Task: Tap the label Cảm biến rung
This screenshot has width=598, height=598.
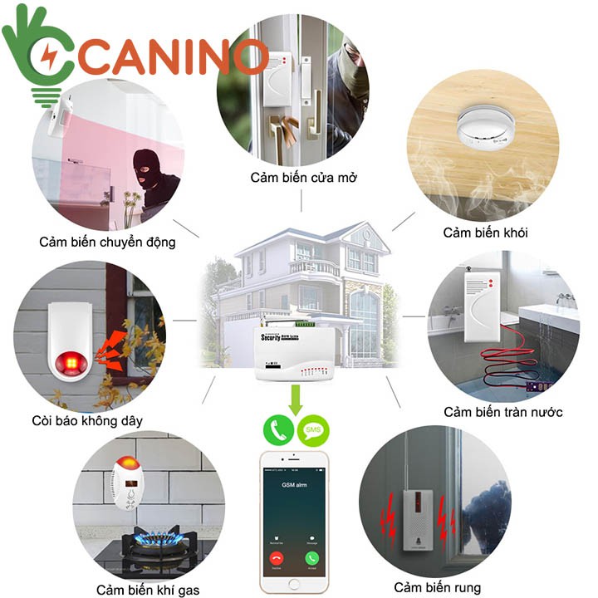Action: (x=437, y=588)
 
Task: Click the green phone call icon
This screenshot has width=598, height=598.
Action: (x=278, y=430)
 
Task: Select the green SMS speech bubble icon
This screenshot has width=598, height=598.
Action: (x=313, y=430)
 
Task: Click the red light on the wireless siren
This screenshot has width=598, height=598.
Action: (x=66, y=363)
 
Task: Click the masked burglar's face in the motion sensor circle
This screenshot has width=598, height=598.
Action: (x=149, y=170)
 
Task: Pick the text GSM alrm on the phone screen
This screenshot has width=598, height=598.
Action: (x=295, y=483)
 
